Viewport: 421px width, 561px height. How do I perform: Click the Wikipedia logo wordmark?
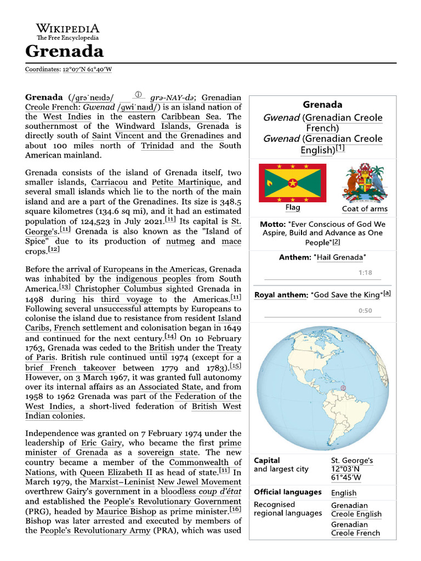point(68,28)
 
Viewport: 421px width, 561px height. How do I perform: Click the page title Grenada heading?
point(64,51)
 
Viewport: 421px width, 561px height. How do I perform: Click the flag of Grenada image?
point(293,182)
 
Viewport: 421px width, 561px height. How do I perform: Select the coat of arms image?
point(365,182)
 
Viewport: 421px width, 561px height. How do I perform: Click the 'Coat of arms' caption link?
point(365,209)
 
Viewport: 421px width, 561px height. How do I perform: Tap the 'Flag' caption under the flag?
point(293,208)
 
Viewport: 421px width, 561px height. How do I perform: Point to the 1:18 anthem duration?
point(365,273)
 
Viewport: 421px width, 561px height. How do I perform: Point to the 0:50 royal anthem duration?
point(365,311)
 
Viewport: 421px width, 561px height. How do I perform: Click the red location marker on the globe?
point(344,388)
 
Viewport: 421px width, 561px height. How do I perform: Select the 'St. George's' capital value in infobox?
point(352,461)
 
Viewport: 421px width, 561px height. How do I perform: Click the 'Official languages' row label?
point(287,492)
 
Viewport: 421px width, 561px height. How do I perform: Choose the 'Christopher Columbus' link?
point(118,289)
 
